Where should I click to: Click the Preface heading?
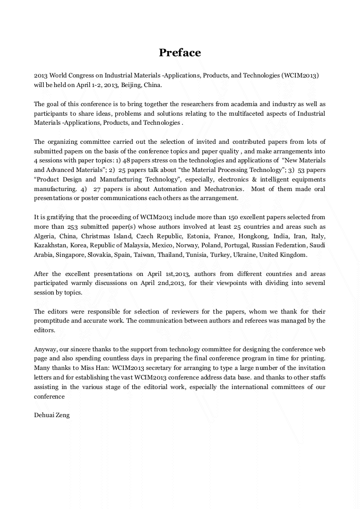pyautogui.click(x=179, y=53)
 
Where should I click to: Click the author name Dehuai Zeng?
pyautogui.click(x=52, y=415)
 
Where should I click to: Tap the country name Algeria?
pyautogui.click(x=44, y=236)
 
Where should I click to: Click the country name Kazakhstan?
pyautogui.click(x=49, y=245)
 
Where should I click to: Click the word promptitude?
pyautogui.click(x=52, y=321)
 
